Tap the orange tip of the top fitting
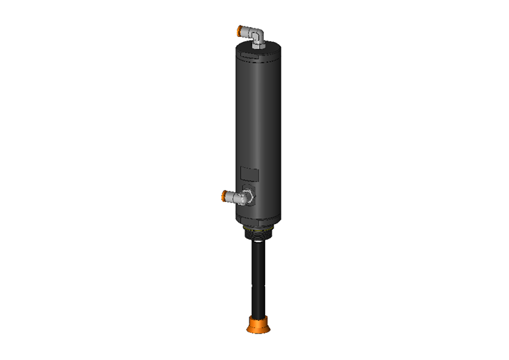pyautogui.click(x=240, y=31)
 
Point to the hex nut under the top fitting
pyautogui.click(x=259, y=44)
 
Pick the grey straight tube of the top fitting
pyautogui.click(x=249, y=31)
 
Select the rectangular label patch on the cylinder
pyautogui.click(x=249, y=173)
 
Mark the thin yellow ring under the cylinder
pyautogui.click(x=258, y=226)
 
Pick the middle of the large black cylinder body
pyautogui.click(x=258, y=128)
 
